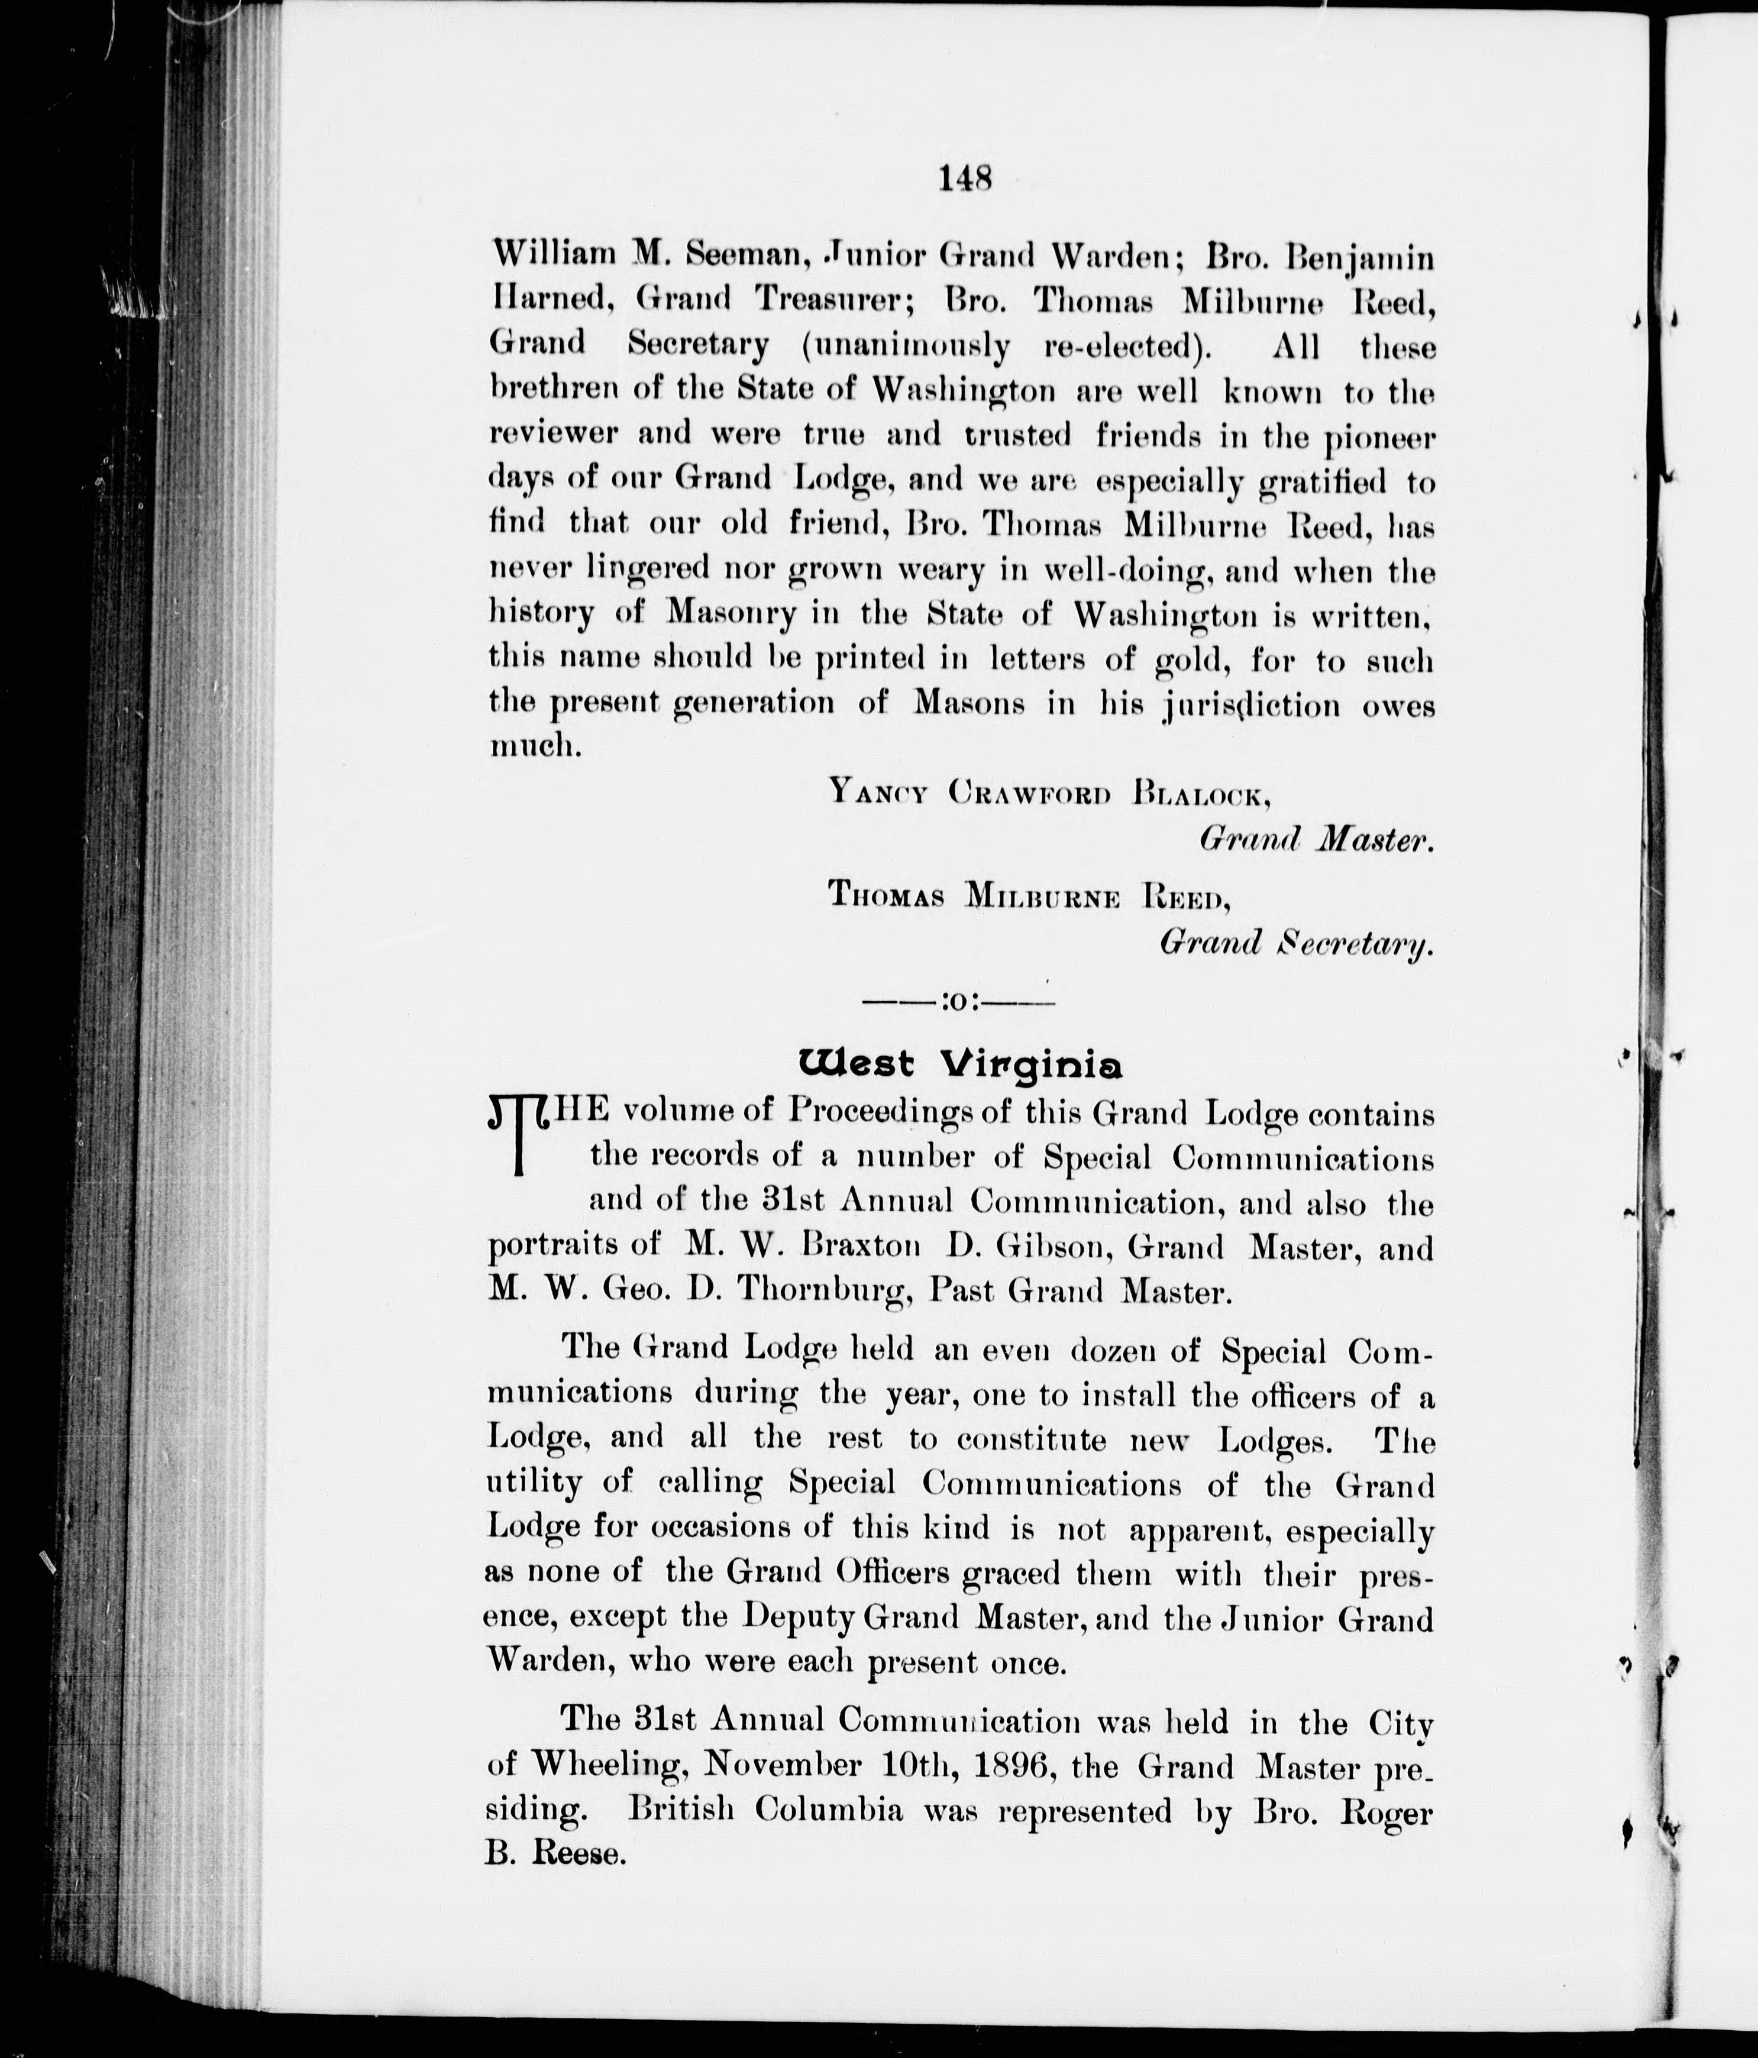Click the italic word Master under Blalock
point(1373,839)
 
